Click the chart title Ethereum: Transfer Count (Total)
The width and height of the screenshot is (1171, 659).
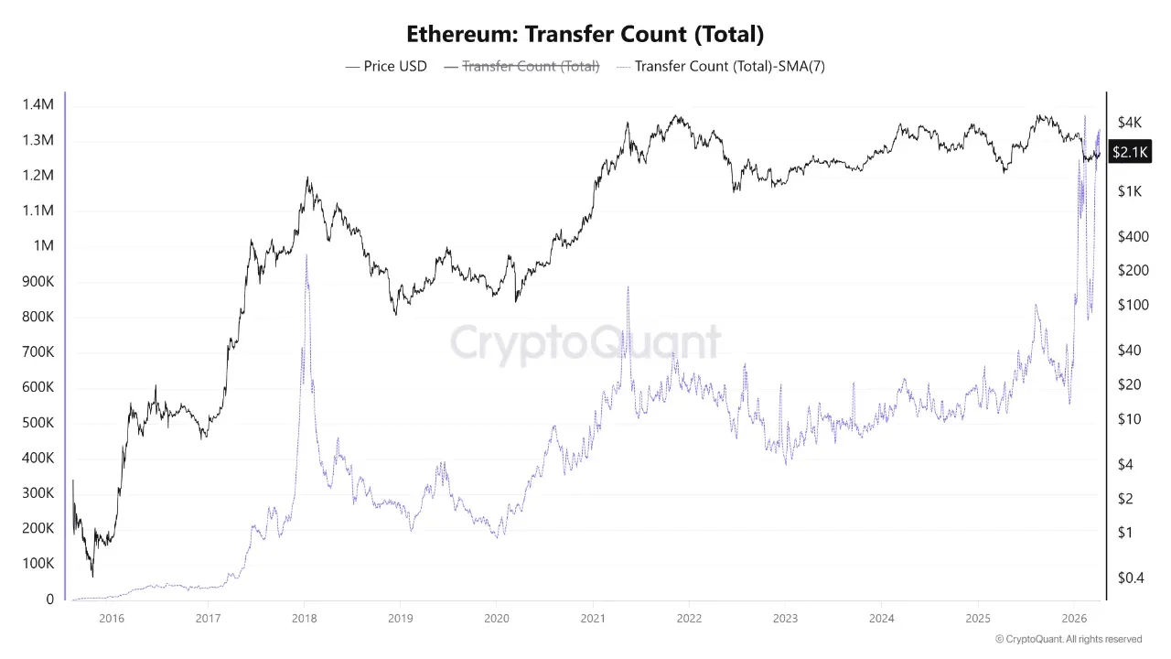[x=585, y=35]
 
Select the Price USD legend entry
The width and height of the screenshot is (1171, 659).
[x=386, y=66]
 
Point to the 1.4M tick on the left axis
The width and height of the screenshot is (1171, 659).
[x=38, y=105]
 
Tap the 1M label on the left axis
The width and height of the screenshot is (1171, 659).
[x=43, y=246]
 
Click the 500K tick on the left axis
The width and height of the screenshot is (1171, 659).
[x=38, y=423]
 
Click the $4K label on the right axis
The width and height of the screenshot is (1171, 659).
[x=1129, y=123]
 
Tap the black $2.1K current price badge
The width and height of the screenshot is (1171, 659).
[x=1128, y=152]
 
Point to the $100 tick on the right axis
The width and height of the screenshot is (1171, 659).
[x=1132, y=305]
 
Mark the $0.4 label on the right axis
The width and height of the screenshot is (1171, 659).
[x=1132, y=577]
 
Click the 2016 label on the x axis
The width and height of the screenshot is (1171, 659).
[x=111, y=618]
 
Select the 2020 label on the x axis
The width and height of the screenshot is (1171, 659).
[x=496, y=618]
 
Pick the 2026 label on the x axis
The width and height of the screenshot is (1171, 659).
[x=1074, y=618]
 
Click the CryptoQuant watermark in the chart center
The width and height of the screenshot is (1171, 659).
[x=585, y=343]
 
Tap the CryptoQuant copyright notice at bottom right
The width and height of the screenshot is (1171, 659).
[x=1068, y=639]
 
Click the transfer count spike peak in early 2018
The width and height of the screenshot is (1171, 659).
[x=306, y=255]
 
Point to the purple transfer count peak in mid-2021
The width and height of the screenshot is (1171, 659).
[x=628, y=287]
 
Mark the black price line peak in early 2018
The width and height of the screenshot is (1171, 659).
[x=307, y=178]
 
